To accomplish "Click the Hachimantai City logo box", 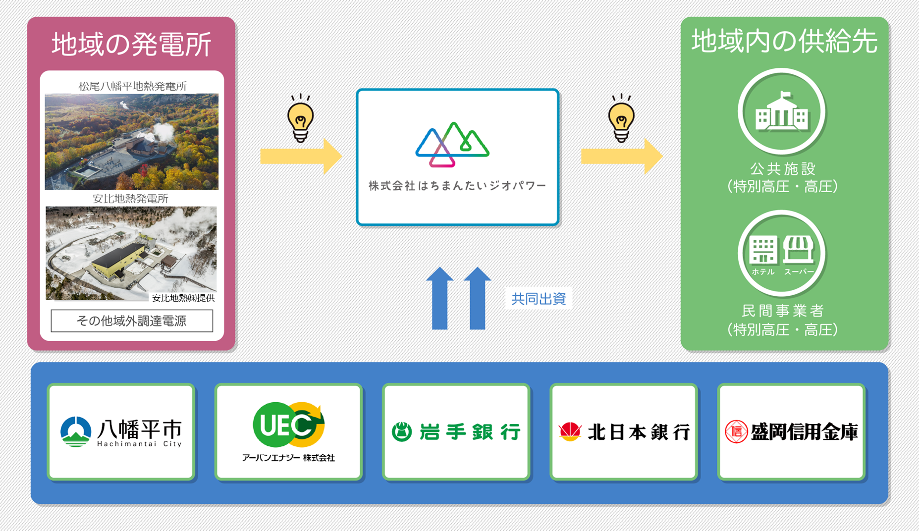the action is click(121, 431).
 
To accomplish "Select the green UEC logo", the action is click(288, 425).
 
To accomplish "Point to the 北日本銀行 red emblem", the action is click(570, 431).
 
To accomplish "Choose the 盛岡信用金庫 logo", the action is click(791, 431).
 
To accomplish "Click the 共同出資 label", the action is click(539, 299).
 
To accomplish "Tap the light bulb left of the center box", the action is click(300, 118).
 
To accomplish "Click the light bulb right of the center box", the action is click(621, 118).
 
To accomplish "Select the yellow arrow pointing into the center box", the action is click(301, 156).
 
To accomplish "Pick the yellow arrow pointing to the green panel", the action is click(622, 156).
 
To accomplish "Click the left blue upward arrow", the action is click(439, 298).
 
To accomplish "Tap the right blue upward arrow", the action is click(477, 298).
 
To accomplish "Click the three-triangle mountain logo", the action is click(452, 144).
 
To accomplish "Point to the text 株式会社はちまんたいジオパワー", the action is click(457, 186).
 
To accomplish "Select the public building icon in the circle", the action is click(782, 112).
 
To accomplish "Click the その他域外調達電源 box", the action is click(132, 321).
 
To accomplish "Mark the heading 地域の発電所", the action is click(132, 44).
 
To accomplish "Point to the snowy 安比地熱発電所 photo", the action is click(131, 253).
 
